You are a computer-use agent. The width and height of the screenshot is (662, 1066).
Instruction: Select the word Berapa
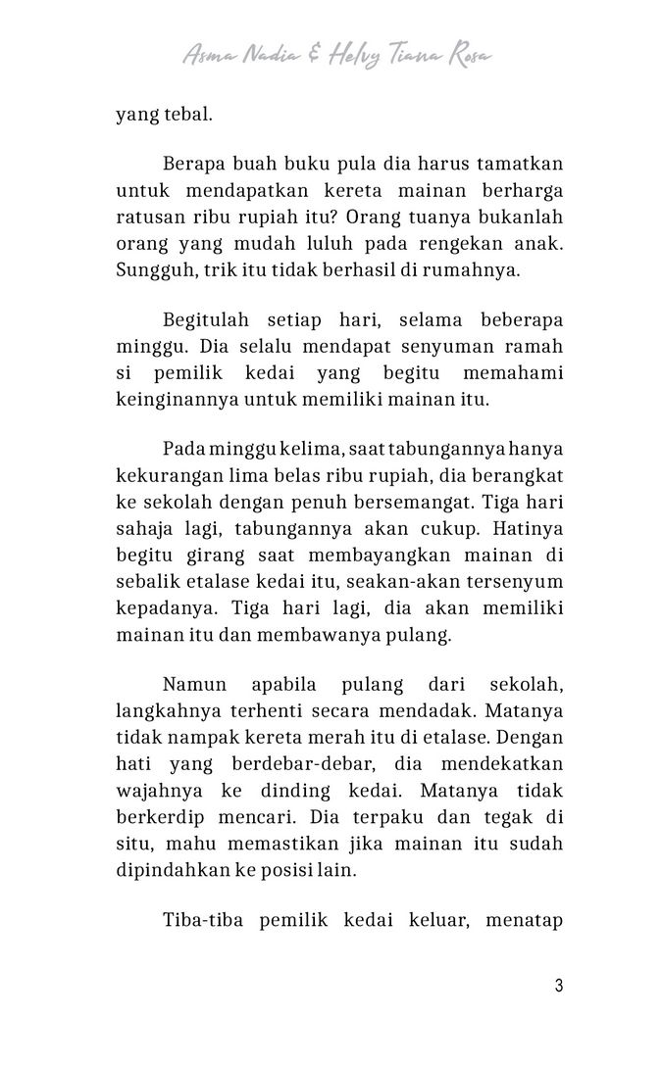point(194,162)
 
